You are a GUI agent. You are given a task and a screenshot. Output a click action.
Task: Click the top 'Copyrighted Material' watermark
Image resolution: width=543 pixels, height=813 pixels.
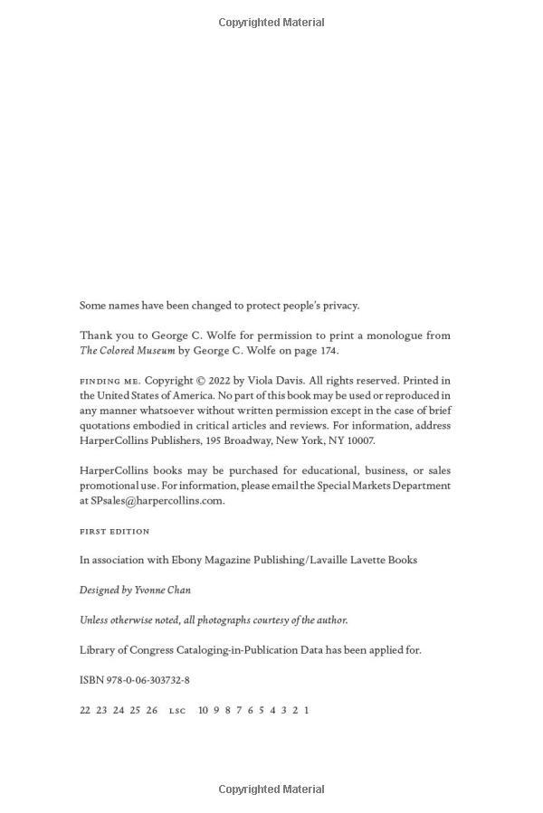pyautogui.click(x=271, y=23)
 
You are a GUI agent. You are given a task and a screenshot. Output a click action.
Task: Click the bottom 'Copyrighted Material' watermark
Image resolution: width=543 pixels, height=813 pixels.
pyautogui.click(x=271, y=789)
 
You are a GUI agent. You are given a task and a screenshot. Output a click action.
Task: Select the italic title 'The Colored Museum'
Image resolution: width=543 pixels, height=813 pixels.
pyautogui.click(x=127, y=351)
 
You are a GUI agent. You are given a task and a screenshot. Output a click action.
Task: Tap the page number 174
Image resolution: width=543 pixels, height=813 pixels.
pyautogui.click(x=327, y=351)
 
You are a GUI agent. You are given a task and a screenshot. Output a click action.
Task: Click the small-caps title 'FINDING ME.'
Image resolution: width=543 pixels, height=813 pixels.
pyautogui.click(x=110, y=382)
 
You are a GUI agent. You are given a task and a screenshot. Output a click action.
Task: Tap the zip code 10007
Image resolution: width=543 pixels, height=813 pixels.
pyautogui.click(x=358, y=440)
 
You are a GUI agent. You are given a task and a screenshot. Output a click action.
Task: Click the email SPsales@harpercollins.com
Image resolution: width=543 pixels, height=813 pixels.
pyautogui.click(x=157, y=501)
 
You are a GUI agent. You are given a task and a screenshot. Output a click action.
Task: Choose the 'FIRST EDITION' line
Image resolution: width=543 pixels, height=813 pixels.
pyautogui.click(x=115, y=531)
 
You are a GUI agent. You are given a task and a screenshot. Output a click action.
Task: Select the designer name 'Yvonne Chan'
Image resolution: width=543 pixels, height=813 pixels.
pyautogui.click(x=162, y=590)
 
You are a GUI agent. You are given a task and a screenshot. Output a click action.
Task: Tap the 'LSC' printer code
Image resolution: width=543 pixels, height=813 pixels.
pyautogui.click(x=177, y=711)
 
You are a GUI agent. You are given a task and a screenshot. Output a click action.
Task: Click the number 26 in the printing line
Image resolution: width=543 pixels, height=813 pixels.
pyautogui.click(x=152, y=710)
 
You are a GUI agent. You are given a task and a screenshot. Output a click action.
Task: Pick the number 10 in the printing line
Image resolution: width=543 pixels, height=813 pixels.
pyautogui.click(x=204, y=710)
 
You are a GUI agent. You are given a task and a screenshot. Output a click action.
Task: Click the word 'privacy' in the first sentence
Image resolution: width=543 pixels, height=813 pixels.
pyautogui.click(x=339, y=306)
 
